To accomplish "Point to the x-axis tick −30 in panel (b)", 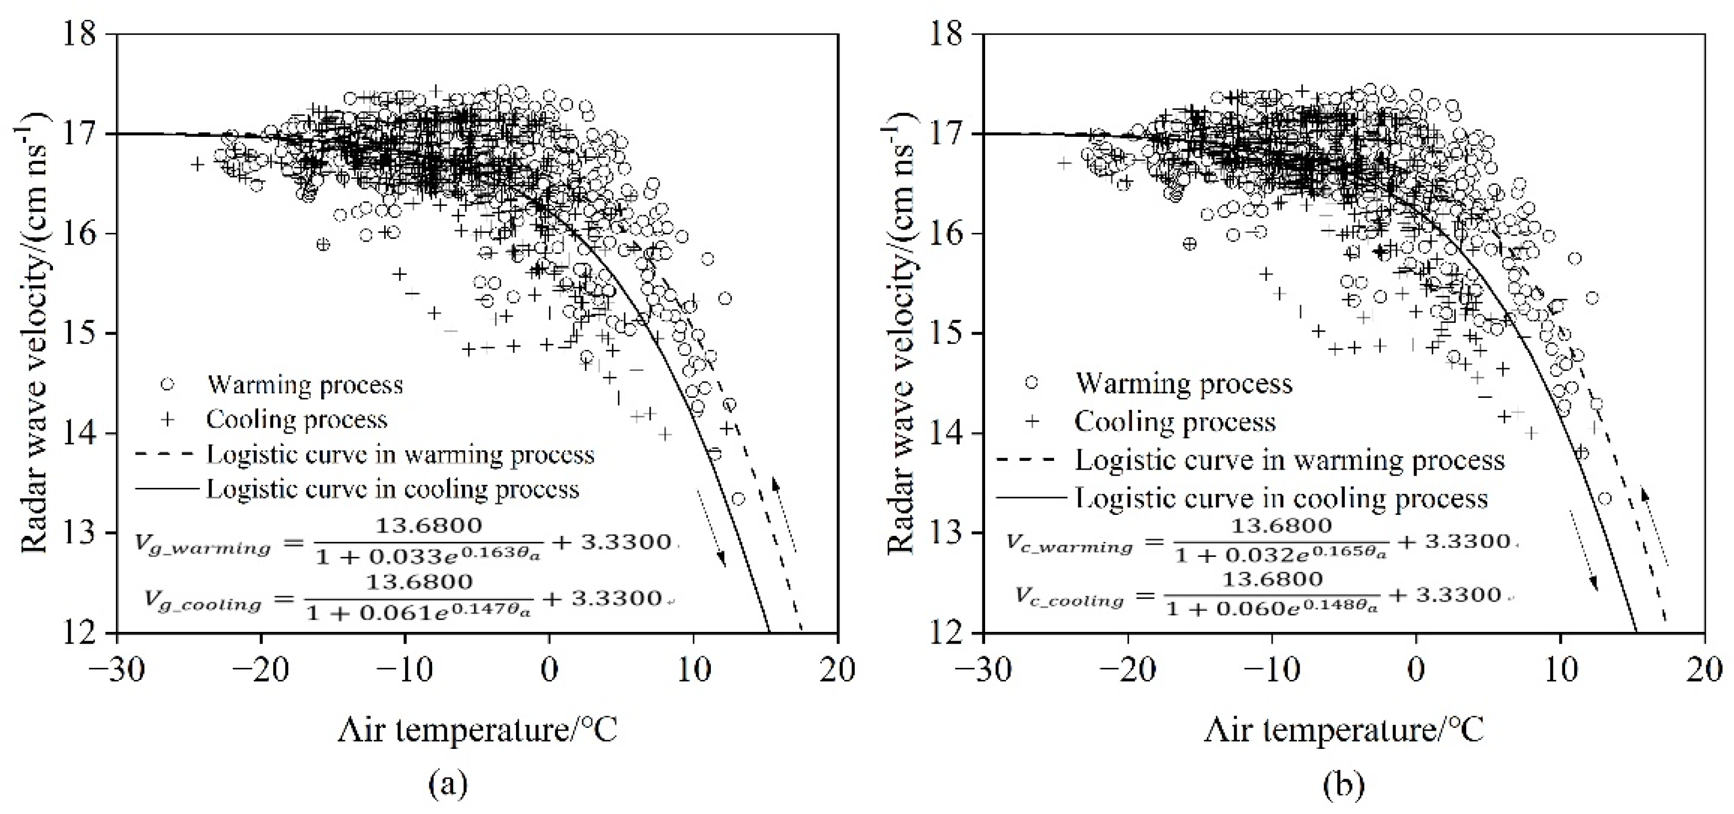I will (x=984, y=669).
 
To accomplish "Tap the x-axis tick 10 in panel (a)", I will (x=693, y=669).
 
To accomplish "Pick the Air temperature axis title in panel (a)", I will (x=477, y=730).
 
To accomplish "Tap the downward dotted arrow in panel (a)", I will (x=711, y=529).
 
